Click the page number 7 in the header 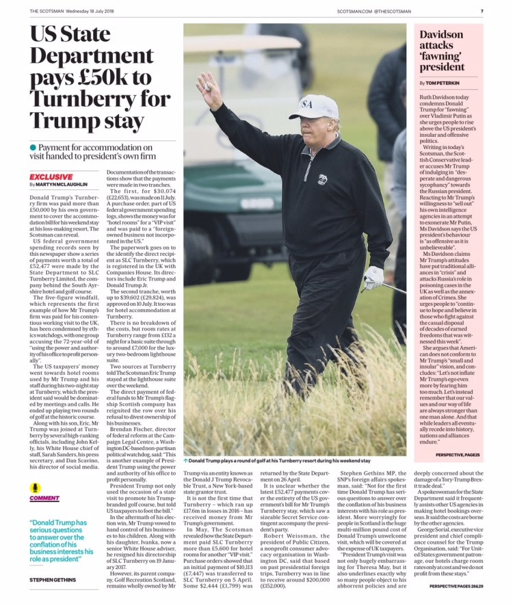tap(482, 11)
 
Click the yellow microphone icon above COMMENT tap(36, 488)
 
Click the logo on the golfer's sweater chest tap(322, 179)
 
